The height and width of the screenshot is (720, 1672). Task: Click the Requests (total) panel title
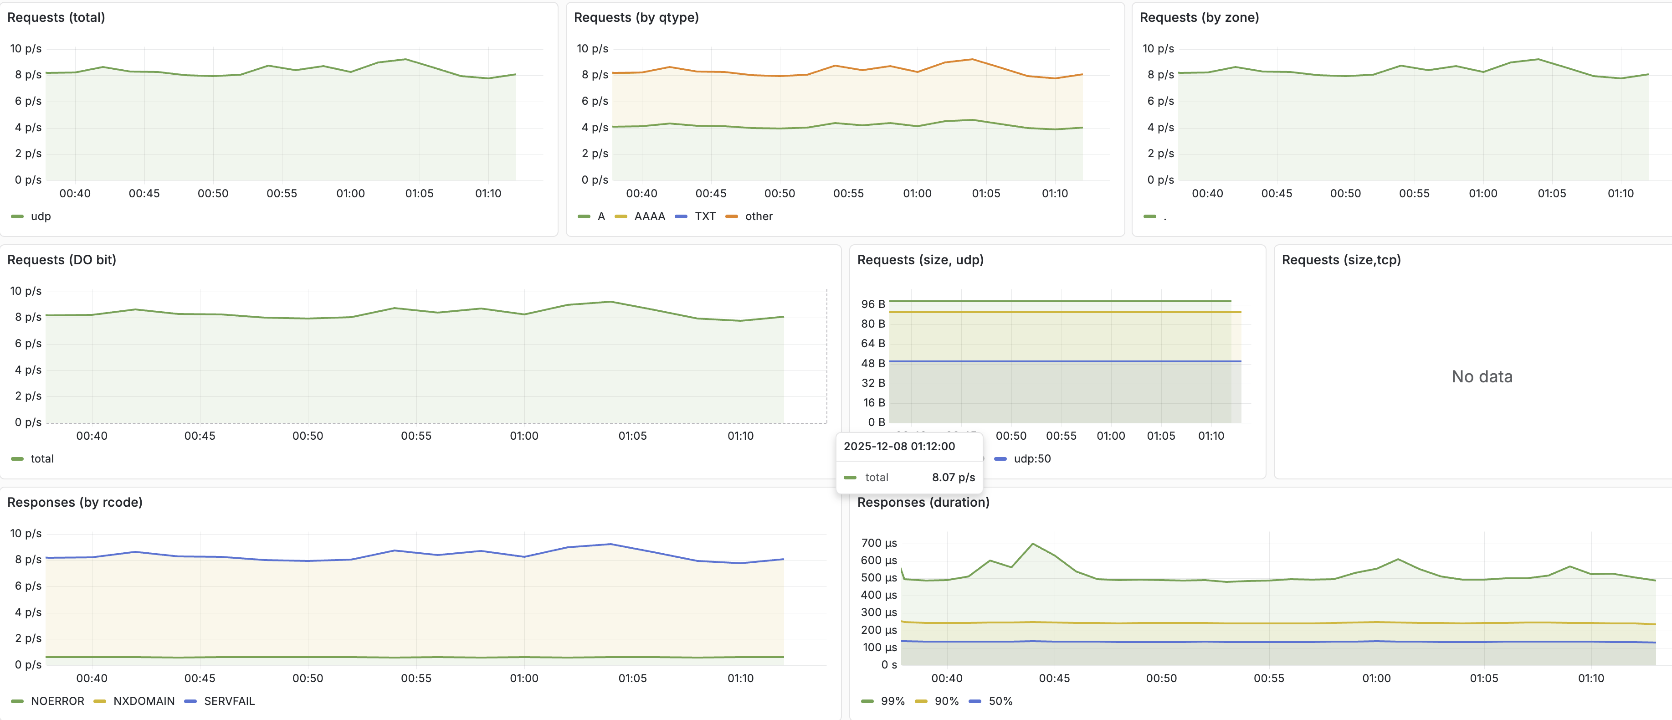(x=56, y=17)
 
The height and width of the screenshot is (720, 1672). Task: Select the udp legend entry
(x=40, y=216)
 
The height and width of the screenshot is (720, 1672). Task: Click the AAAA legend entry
(x=649, y=216)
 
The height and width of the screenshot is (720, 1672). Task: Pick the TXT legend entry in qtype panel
(x=704, y=216)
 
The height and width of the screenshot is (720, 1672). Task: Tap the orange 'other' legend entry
(x=758, y=216)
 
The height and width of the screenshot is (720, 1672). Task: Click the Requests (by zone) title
(x=1199, y=17)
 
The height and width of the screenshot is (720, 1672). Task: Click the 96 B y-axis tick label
(x=872, y=304)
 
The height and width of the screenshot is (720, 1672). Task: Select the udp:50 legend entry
(x=1031, y=458)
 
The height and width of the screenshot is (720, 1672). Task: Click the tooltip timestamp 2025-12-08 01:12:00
(x=899, y=446)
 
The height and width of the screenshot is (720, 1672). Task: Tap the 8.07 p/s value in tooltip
(x=953, y=477)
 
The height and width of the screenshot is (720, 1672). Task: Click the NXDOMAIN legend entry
(x=144, y=701)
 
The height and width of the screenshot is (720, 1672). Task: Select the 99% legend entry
(x=892, y=701)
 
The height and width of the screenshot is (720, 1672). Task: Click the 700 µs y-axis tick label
(x=879, y=543)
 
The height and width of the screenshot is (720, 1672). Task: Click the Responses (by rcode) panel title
(x=75, y=502)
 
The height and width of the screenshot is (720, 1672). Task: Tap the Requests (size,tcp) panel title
(x=1341, y=260)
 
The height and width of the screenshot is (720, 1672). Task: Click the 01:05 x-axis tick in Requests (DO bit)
(x=632, y=436)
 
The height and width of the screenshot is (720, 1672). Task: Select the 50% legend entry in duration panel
(x=1000, y=701)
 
